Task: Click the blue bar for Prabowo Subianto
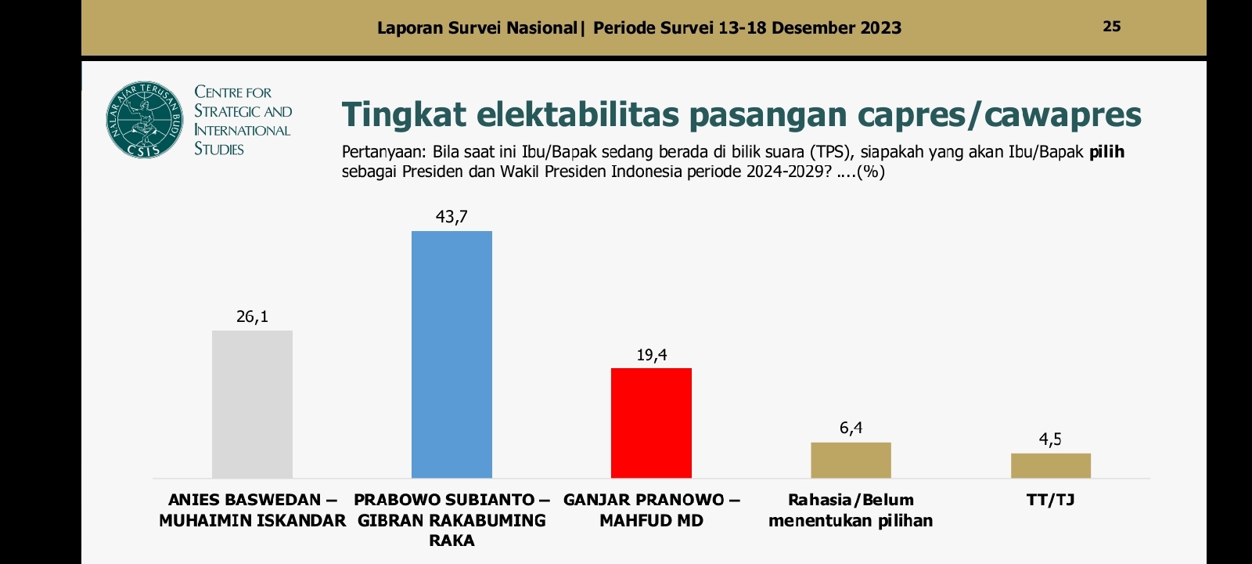(452, 354)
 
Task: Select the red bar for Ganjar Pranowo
(651, 423)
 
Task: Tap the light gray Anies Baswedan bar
(252, 404)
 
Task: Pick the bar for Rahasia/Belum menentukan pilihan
(851, 461)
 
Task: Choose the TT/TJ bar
(1050, 466)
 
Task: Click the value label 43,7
(452, 217)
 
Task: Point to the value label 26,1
(252, 316)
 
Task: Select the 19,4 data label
(651, 355)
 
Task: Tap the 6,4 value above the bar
(851, 428)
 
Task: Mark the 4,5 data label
(1050, 439)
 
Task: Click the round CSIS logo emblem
(144, 120)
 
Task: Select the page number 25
(1111, 27)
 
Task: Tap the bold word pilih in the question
(1106, 152)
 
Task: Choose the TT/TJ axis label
(1050, 500)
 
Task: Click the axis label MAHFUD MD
(651, 520)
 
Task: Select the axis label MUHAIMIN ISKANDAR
(252, 520)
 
